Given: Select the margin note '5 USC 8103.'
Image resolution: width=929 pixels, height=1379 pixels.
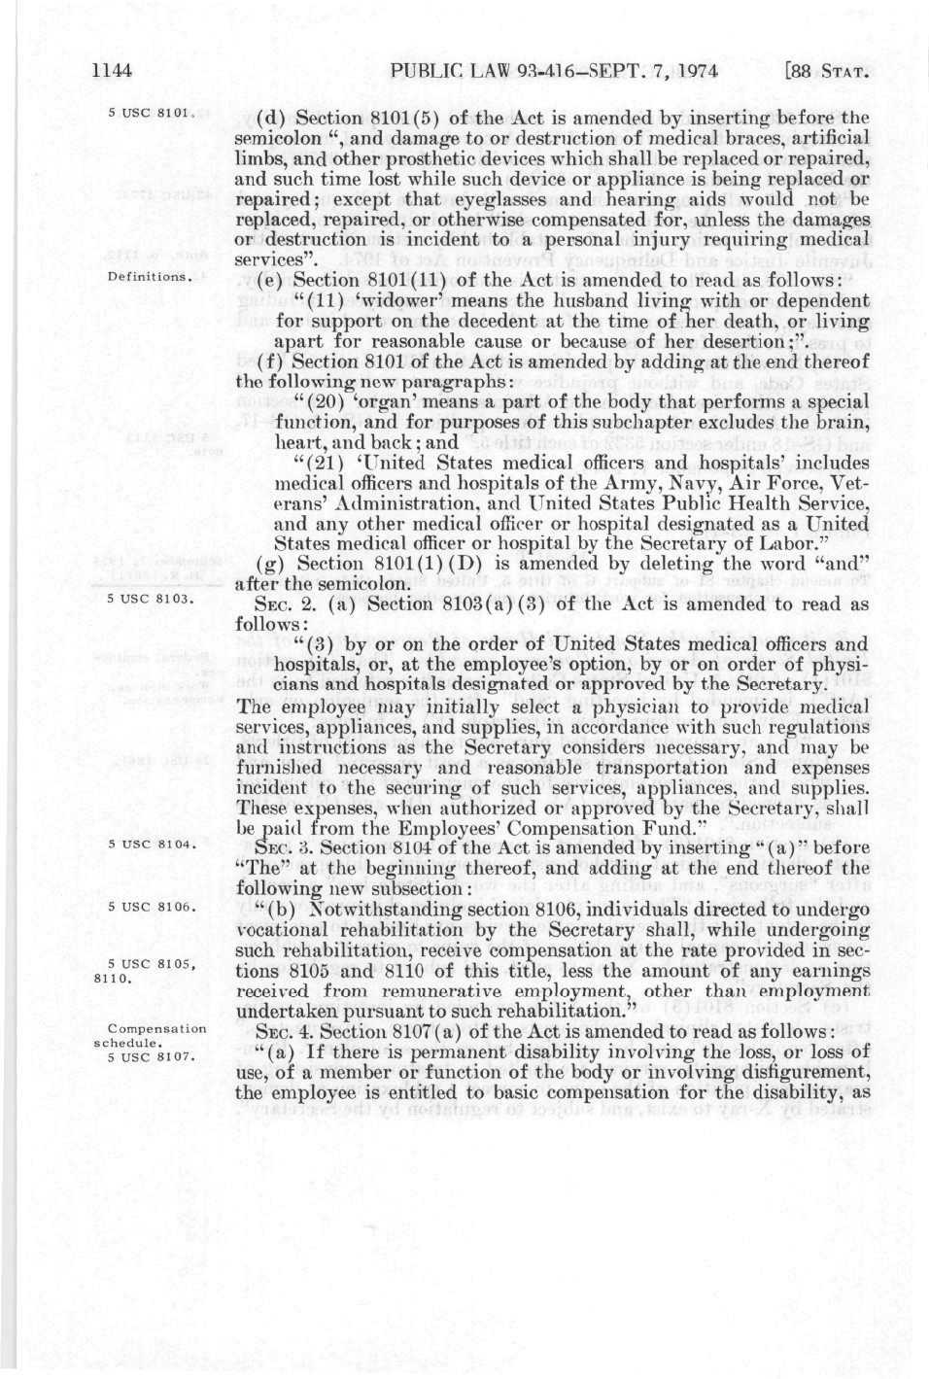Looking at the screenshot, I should pos(147,599).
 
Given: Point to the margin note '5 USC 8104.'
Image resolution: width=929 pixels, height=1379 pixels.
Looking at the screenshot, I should pos(147,844).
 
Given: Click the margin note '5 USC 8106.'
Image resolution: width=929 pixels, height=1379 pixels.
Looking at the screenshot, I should pos(147,908).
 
